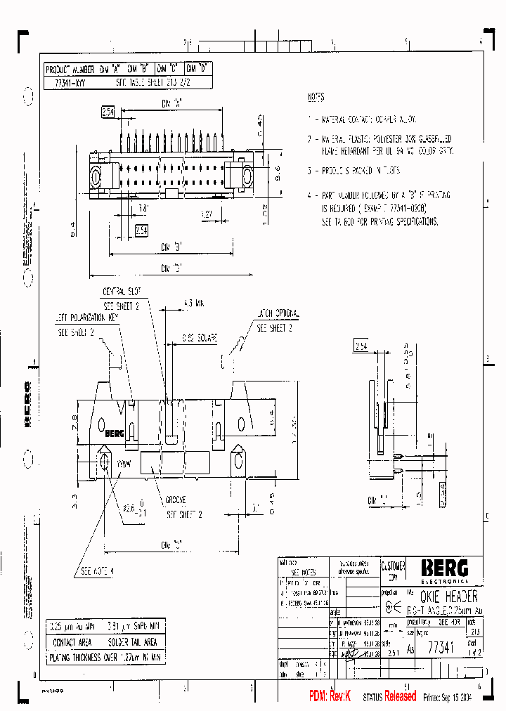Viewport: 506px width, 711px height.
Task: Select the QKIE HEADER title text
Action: coord(443,596)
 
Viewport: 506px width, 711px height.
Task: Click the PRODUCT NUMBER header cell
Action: coord(70,70)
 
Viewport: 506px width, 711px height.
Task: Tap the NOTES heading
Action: coord(316,97)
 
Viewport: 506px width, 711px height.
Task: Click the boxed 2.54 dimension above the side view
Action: coord(361,346)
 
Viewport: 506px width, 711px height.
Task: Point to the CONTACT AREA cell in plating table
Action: coord(72,642)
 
